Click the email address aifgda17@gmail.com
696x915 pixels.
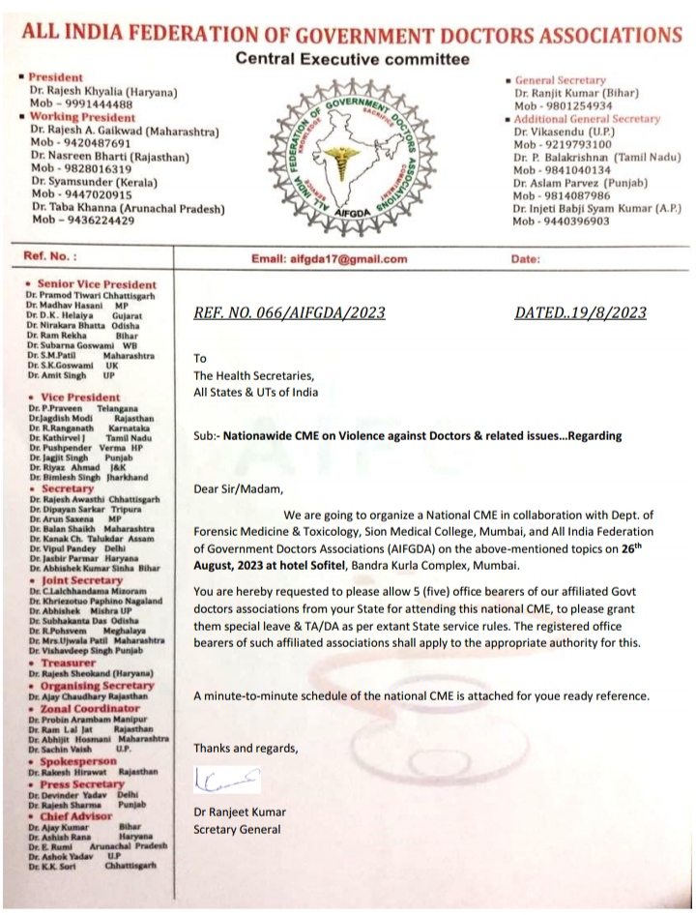point(329,259)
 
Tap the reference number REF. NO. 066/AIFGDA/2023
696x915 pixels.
point(291,312)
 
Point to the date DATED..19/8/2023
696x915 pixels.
point(583,312)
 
